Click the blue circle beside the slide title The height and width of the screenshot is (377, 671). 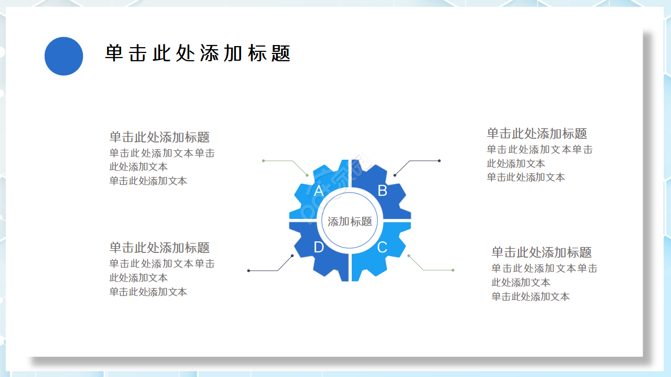click(64, 56)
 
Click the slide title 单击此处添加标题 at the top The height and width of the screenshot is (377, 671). click(198, 53)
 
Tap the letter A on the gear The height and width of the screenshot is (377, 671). click(318, 191)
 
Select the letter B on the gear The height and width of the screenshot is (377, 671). click(382, 191)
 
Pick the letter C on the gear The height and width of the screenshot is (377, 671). click(382, 247)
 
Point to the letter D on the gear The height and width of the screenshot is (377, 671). click(318, 247)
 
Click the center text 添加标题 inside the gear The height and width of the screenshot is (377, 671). click(350, 221)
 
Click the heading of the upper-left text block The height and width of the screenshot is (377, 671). click(159, 137)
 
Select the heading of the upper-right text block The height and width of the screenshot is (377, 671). click(537, 134)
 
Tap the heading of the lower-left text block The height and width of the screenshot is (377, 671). click(159, 247)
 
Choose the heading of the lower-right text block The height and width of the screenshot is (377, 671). click(542, 252)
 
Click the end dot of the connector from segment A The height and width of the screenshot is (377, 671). click(263, 161)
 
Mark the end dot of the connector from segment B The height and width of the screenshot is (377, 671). click(439, 161)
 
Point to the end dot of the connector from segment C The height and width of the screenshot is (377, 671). click(453, 270)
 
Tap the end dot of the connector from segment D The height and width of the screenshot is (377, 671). click(248, 271)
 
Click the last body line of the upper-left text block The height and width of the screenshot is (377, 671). click(148, 181)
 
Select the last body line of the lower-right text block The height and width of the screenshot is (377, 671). click(531, 297)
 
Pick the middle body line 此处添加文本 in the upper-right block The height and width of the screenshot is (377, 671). click(516, 163)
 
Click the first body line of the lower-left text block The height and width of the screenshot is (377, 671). click(162, 264)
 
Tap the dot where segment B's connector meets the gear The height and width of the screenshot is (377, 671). click(395, 175)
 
